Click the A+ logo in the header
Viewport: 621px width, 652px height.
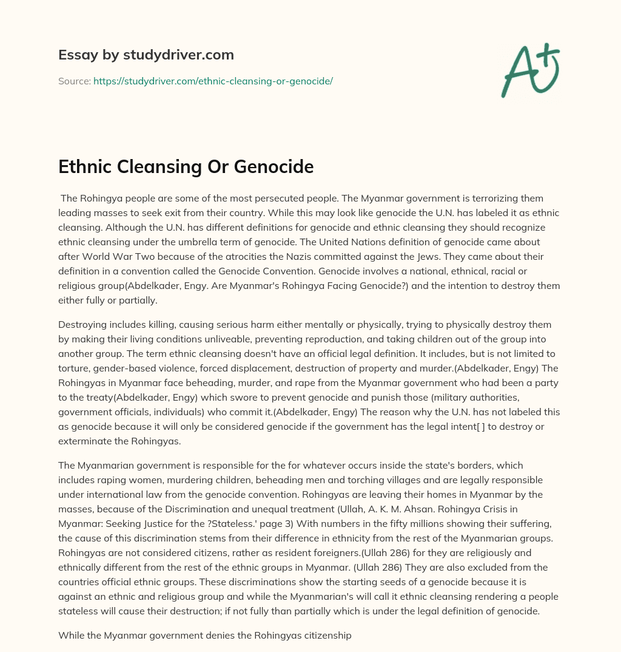click(x=529, y=69)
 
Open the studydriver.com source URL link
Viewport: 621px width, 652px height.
click(x=213, y=81)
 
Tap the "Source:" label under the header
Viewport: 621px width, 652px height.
click(x=75, y=81)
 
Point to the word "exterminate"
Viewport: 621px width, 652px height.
click(x=89, y=441)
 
